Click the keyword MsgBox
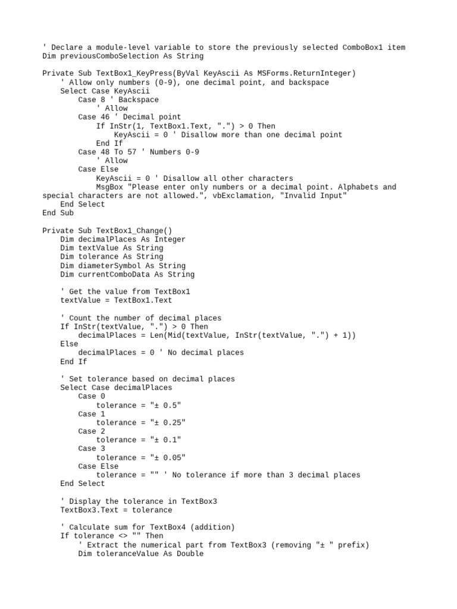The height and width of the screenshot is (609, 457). [109, 187]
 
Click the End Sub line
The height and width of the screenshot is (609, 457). [58, 213]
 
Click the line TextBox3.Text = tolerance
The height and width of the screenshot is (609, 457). [116, 510]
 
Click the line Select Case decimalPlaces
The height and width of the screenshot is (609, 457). [116, 388]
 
